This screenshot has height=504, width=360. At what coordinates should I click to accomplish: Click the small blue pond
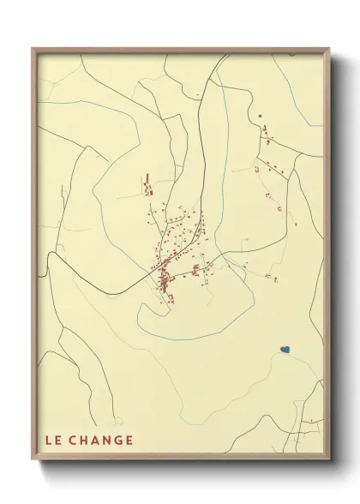(285, 350)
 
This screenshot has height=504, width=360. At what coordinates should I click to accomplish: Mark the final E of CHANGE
(129, 441)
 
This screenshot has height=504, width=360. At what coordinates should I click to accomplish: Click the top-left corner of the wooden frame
(33, 48)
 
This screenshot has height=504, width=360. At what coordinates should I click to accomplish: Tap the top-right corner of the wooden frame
(329, 48)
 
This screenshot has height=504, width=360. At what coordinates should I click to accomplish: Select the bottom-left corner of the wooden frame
(33, 461)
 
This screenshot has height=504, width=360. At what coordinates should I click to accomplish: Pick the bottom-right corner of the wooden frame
(329, 461)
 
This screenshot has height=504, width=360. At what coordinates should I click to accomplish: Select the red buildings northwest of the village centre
(147, 184)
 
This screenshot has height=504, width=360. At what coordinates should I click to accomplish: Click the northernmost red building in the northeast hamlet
(261, 114)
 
